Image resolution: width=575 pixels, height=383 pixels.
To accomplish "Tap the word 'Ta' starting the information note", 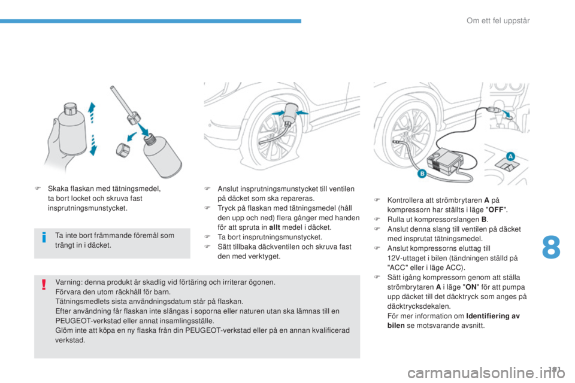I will pyautogui.click(x=58, y=235).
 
